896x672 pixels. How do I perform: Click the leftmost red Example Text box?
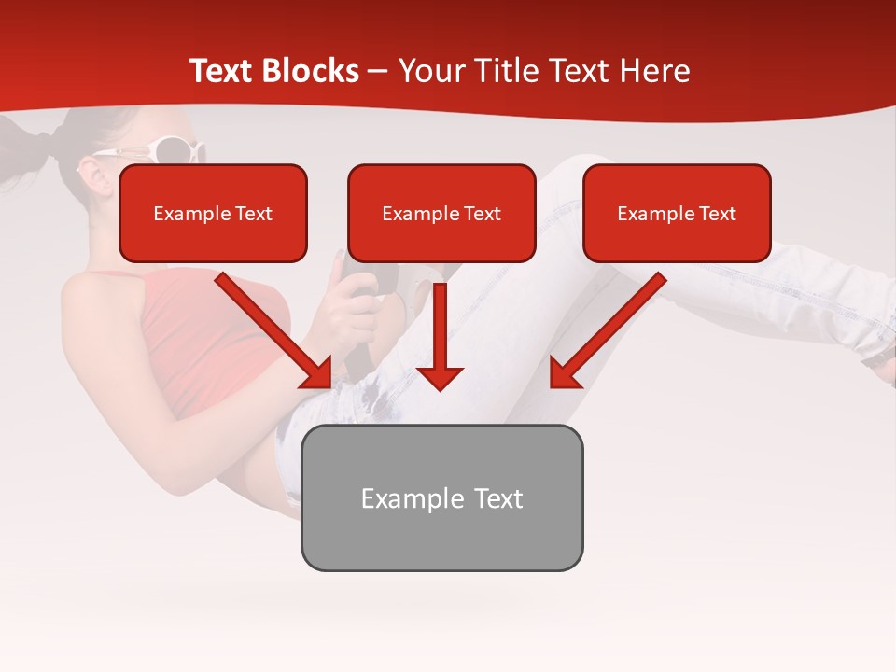tap(213, 214)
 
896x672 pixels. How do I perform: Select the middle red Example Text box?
tap(441, 214)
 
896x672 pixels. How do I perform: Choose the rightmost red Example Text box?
tap(677, 214)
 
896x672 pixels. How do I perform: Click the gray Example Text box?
tap(441, 497)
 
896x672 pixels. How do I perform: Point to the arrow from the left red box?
tap(275, 331)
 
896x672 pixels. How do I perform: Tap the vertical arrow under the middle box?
tap(440, 336)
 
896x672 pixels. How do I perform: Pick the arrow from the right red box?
tap(607, 331)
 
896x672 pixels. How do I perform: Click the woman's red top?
tap(196, 336)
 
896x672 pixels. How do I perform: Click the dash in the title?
tap(377, 71)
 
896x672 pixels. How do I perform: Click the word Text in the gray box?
tap(497, 498)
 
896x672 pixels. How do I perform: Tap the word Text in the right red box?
tap(718, 214)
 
